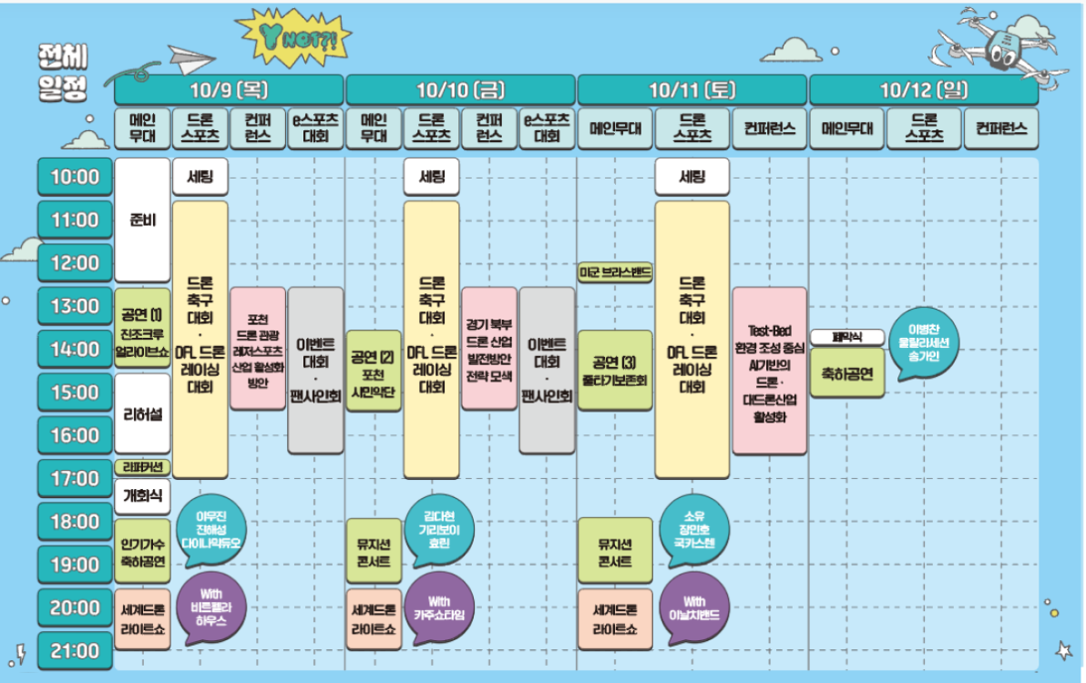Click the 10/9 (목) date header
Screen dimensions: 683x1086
point(229,90)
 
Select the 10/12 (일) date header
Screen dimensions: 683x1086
point(923,90)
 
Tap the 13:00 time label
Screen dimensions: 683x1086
point(75,306)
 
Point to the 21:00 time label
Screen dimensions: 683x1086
point(75,651)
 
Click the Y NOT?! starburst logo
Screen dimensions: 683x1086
point(292,37)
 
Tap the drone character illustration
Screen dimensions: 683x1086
point(997,46)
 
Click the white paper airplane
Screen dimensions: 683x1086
point(189,60)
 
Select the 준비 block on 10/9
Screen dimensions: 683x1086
point(142,219)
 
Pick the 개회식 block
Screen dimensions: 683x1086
point(142,494)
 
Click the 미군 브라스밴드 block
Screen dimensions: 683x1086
point(615,272)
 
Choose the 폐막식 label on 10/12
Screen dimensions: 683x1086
point(846,337)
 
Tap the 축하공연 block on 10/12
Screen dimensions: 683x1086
point(846,372)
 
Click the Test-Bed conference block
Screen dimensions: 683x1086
point(769,372)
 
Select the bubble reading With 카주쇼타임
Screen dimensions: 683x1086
point(439,607)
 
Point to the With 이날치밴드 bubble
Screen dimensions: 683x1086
point(694,607)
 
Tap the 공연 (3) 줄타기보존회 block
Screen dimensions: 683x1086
point(615,371)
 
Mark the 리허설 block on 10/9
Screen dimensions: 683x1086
point(142,414)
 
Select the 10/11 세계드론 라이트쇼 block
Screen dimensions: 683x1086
point(615,618)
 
